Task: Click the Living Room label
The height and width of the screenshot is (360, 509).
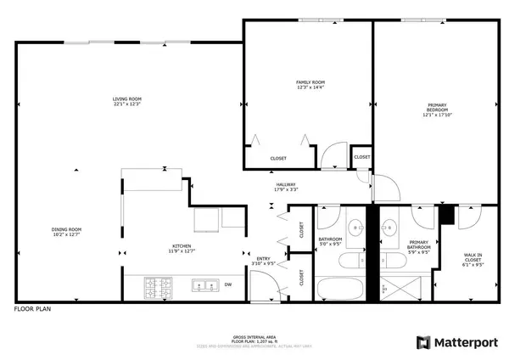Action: tap(126, 101)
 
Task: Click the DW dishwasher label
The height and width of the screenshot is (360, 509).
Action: tap(227, 284)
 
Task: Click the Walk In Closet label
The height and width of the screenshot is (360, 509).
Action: tap(473, 259)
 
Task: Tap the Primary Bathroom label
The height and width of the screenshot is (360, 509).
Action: tap(408, 246)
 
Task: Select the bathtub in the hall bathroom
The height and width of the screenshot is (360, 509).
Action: tap(341, 286)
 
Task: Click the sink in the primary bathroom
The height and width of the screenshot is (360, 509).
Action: tap(389, 227)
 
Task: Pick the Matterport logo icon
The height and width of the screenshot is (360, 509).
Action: tap(422, 342)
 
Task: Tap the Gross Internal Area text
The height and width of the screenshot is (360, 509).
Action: tap(255, 337)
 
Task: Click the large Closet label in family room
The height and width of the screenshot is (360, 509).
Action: tap(278, 158)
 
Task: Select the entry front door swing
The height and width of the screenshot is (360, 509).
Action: tap(261, 291)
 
